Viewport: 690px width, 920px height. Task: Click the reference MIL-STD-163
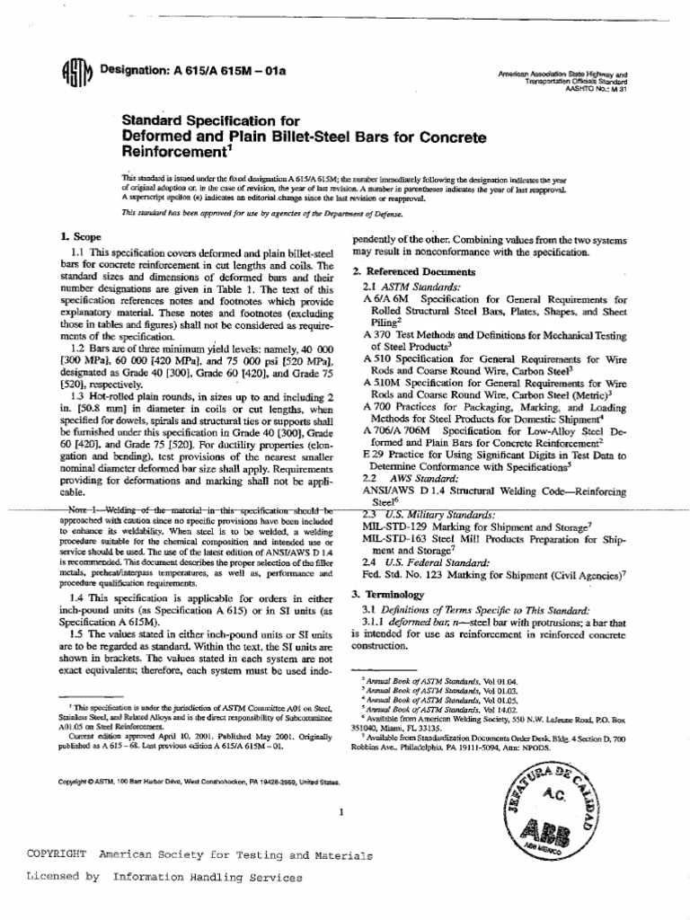396,539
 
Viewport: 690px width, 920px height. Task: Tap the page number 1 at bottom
341,812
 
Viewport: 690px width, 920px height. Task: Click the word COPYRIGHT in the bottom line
57,854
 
